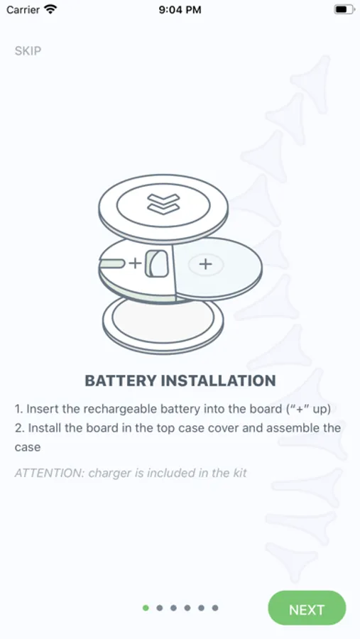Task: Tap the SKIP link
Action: [x=28, y=51]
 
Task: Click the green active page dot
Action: [x=146, y=608]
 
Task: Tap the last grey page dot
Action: [x=215, y=608]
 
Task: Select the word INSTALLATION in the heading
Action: [x=219, y=381]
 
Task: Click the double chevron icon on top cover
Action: [x=163, y=203]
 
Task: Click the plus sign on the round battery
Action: [x=205, y=264]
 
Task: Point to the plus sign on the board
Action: [x=134, y=263]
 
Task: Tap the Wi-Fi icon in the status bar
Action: [x=51, y=9]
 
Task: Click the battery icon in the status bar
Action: [x=344, y=9]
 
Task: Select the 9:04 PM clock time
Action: [x=180, y=10]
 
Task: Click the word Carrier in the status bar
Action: [x=23, y=9]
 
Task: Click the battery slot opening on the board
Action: [x=157, y=263]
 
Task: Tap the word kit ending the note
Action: [x=239, y=473]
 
